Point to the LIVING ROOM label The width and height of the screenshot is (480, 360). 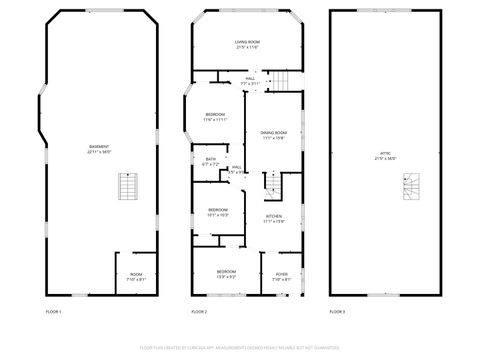[x=247, y=45]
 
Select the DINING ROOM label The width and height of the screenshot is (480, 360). [x=274, y=135]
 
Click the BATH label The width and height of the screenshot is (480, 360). [x=211, y=161]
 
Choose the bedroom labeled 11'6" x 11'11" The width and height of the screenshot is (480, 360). [x=215, y=117]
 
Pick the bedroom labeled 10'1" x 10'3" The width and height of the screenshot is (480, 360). [x=218, y=212]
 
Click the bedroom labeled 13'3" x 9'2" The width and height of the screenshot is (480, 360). [x=227, y=274]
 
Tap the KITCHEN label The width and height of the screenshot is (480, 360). [x=274, y=218]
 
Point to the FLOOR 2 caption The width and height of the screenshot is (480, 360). [x=199, y=312]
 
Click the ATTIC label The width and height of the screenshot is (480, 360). [x=385, y=156]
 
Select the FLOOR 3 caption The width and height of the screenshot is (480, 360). [x=337, y=312]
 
